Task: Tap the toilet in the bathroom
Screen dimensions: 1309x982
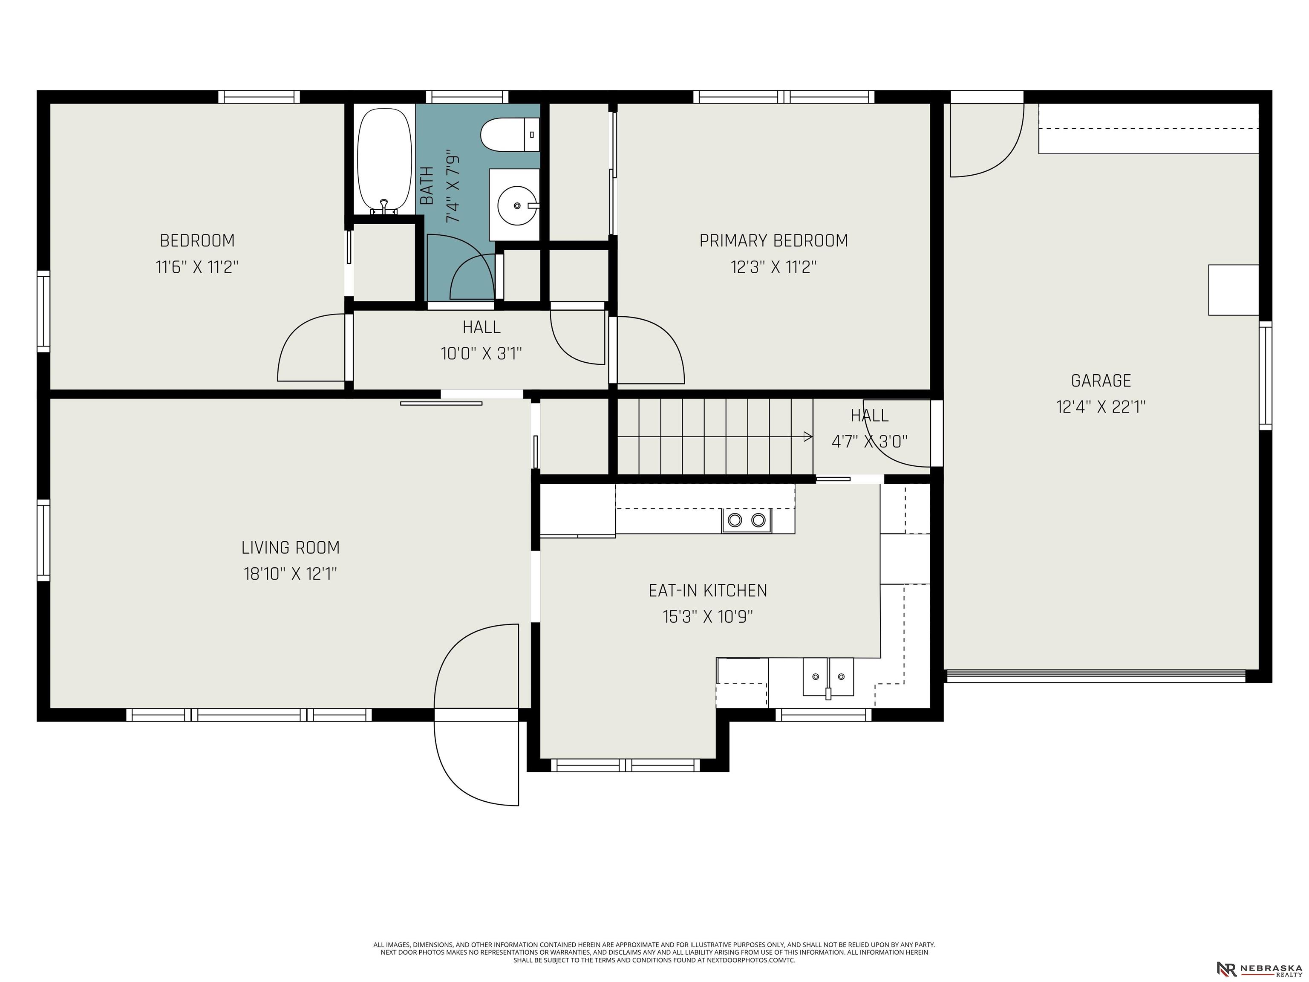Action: point(510,134)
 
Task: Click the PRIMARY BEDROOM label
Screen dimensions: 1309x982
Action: point(773,240)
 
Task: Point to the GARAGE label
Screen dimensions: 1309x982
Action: point(1101,380)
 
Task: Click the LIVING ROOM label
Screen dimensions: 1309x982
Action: point(291,548)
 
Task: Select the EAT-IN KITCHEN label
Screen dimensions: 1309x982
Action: point(708,590)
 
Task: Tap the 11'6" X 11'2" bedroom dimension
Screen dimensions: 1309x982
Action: point(197,267)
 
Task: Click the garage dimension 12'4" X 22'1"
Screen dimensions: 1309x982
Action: point(1101,407)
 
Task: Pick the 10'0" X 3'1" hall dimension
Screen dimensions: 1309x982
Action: point(481,353)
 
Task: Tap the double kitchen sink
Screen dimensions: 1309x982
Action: point(828,676)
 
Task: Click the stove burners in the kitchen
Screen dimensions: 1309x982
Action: point(746,520)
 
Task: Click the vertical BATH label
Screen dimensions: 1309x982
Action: point(426,186)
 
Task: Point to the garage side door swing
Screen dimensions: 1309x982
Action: point(987,140)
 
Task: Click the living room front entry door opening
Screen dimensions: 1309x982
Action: point(476,715)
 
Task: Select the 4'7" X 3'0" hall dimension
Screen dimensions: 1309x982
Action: point(869,442)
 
